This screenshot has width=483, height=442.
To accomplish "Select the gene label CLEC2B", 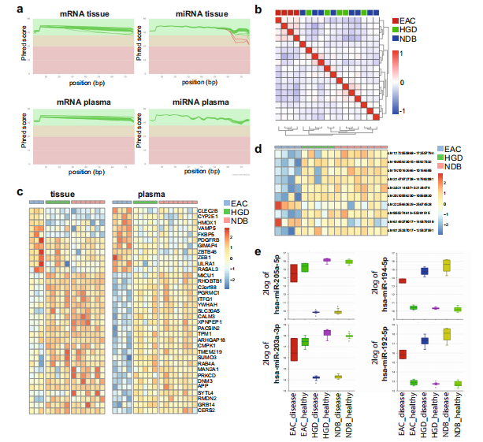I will coord(207,210).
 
